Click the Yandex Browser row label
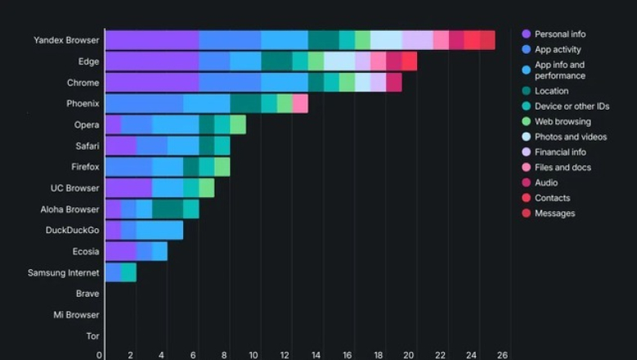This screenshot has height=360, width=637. [x=66, y=40]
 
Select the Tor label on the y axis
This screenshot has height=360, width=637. [x=92, y=335]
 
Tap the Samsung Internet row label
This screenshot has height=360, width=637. [x=63, y=272]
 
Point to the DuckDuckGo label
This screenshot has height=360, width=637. [x=72, y=231]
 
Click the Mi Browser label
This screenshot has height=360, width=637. [x=76, y=315]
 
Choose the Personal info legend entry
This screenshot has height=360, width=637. [x=559, y=34]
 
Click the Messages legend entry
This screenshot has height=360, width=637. [x=554, y=214]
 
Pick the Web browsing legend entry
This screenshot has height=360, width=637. [x=562, y=122]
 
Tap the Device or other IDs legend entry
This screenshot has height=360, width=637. [x=572, y=106]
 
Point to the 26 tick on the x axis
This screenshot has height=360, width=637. [x=503, y=355]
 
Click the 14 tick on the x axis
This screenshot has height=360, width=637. [x=316, y=355]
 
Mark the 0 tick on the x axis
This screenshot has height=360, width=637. [x=100, y=355]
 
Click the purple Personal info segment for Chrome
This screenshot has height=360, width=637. [x=151, y=83]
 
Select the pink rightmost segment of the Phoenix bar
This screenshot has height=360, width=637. [x=300, y=103]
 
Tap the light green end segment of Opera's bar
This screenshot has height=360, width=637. [x=238, y=124]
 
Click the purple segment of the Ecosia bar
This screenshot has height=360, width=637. [x=120, y=251]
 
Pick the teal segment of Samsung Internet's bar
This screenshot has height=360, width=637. [x=128, y=272]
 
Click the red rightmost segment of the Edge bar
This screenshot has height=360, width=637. [x=409, y=61]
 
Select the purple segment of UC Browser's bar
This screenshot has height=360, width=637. [x=128, y=188]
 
